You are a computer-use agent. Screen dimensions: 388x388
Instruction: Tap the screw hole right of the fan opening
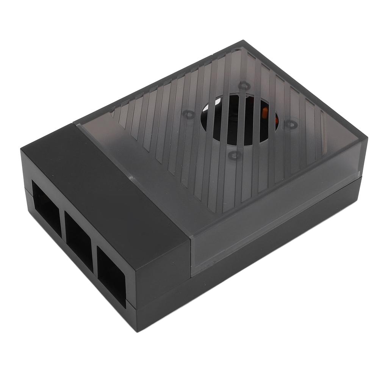coord(291,124)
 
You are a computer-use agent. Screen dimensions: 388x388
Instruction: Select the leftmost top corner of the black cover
coord(21,149)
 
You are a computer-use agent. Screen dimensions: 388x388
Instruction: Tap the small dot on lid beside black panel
coord(131,177)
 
